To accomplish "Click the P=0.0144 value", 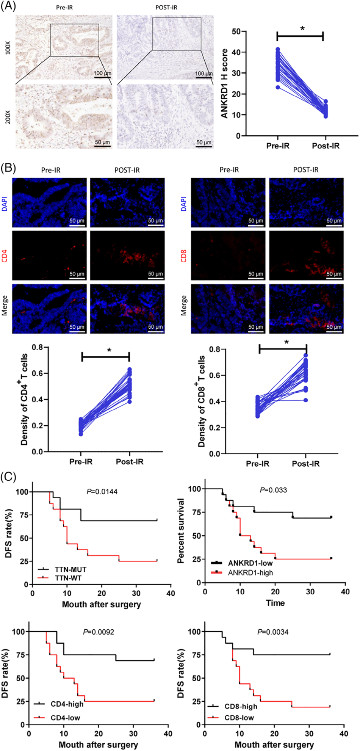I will click(x=102, y=492).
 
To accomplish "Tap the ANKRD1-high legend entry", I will click(x=250, y=572).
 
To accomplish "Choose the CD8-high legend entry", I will click(x=241, y=706).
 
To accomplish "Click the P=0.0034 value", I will click(x=273, y=632).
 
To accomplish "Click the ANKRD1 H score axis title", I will click(x=225, y=83).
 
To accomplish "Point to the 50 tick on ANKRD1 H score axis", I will click(x=236, y=31).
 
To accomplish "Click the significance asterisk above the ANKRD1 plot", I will click(x=302, y=29).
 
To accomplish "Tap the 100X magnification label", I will click(x=8, y=48).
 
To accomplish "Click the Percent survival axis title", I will click(x=181, y=531).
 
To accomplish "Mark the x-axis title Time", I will click(x=275, y=603).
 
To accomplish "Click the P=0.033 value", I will click(x=273, y=490).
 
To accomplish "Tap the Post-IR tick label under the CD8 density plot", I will click(x=305, y=464).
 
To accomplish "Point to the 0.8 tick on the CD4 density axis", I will click(x=38, y=347).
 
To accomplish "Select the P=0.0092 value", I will click(x=99, y=632).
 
